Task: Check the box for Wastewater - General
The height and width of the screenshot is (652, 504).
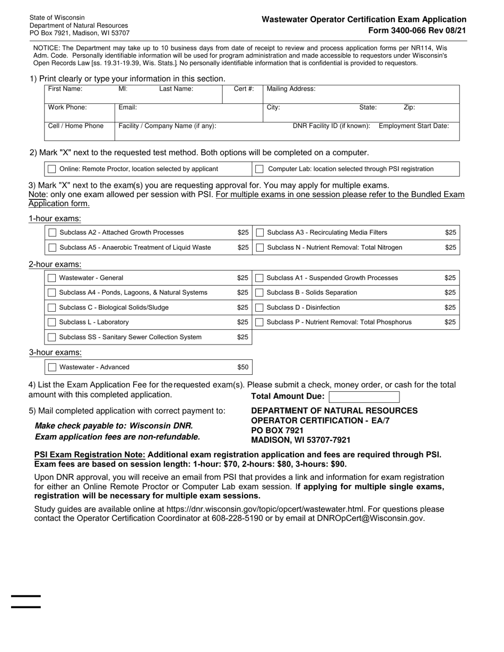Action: [52, 278]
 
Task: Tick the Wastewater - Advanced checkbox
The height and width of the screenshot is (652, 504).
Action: [52, 367]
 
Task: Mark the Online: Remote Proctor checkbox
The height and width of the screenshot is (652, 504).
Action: [52, 169]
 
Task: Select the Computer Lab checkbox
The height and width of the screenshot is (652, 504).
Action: [259, 169]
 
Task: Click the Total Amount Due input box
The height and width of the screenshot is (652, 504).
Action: [364, 397]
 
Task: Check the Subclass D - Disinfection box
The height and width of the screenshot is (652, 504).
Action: [260, 308]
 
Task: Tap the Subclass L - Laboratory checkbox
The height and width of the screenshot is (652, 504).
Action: [52, 323]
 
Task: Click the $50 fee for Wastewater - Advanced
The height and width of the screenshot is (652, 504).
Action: [242, 367]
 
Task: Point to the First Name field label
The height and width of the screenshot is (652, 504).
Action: [65, 89]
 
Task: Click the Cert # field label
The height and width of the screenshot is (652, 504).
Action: [244, 89]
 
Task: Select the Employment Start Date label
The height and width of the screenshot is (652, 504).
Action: [414, 126]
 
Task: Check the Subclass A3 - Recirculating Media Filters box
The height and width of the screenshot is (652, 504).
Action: [260, 233]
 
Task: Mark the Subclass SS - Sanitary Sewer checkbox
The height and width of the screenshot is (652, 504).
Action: [52, 338]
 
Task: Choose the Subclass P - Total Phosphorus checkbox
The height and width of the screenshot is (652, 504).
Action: [260, 323]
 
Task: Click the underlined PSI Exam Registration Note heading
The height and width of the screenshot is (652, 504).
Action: [90, 455]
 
